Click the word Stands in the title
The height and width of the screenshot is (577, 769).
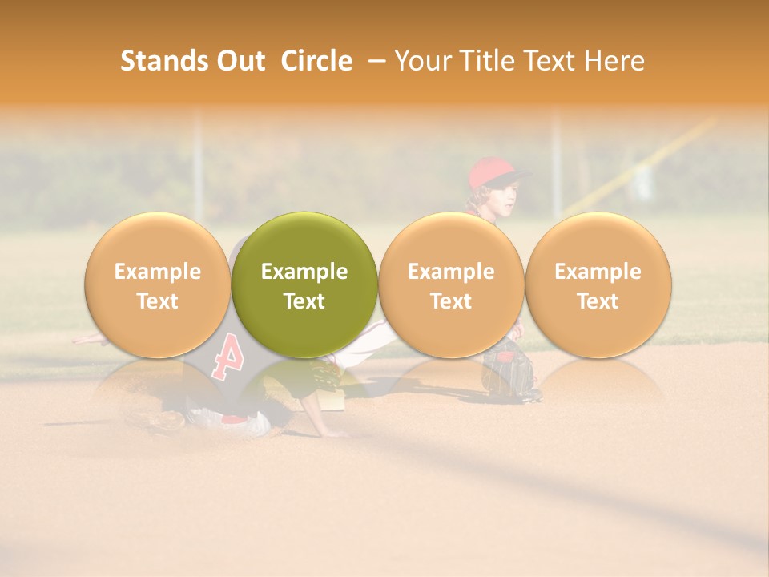point(163,61)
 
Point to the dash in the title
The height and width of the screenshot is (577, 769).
point(373,62)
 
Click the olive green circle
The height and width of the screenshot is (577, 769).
point(304,284)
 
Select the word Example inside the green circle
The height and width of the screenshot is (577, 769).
point(304,272)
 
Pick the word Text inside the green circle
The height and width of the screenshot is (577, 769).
point(304,301)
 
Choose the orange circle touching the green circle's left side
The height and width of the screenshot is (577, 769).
point(157,284)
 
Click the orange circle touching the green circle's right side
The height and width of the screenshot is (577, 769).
point(451,284)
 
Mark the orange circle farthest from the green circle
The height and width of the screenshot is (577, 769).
point(598,284)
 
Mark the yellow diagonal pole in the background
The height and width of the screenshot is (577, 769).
point(641,164)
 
